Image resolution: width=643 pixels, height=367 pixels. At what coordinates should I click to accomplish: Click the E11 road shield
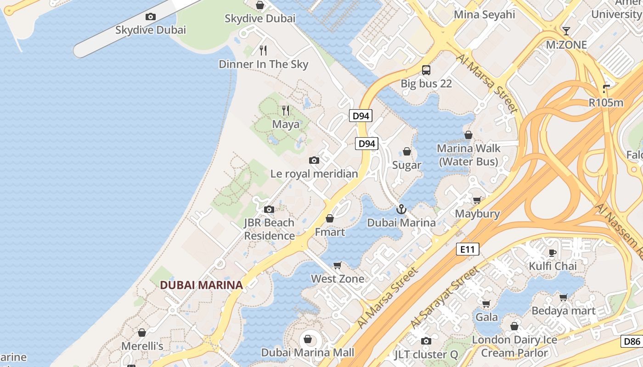tap(468, 249)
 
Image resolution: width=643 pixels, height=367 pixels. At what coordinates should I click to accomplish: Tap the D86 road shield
tap(632, 341)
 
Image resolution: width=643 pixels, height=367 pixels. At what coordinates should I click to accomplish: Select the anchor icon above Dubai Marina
tap(401, 209)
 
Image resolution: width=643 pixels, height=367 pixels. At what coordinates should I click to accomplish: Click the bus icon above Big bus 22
tap(426, 70)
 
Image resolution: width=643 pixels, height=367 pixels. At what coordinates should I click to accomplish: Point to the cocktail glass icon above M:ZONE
tap(566, 31)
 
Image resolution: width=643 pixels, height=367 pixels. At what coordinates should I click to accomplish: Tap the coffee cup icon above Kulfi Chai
tap(553, 253)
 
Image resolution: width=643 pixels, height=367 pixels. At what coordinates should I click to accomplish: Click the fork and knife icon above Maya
tap(286, 111)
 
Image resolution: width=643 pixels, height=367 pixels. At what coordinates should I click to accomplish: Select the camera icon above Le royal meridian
tap(314, 160)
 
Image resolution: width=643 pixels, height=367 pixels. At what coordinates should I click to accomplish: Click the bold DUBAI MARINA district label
tap(201, 285)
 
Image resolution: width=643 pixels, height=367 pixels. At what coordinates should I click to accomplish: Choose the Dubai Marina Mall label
tap(308, 352)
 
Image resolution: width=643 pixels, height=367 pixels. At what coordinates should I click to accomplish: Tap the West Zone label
tap(338, 278)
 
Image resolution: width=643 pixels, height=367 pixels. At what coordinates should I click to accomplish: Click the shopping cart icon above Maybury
tap(477, 200)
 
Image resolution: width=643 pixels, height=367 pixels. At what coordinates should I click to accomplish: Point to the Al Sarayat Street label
tap(443, 297)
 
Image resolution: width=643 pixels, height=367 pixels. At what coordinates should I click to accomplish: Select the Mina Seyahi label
tap(484, 14)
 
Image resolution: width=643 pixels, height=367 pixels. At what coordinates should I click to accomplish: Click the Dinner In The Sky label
tap(263, 64)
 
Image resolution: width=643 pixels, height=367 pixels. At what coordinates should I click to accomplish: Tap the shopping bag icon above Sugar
tap(406, 151)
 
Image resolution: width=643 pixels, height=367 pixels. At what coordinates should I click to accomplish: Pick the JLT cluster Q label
tap(426, 354)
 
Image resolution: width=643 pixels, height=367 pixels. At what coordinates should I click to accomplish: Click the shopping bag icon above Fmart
tap(330, 218)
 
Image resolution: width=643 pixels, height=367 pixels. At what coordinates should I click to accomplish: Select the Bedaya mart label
tap(563, 311)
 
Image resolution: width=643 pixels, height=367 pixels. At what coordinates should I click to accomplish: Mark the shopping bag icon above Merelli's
tap(142, 332)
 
